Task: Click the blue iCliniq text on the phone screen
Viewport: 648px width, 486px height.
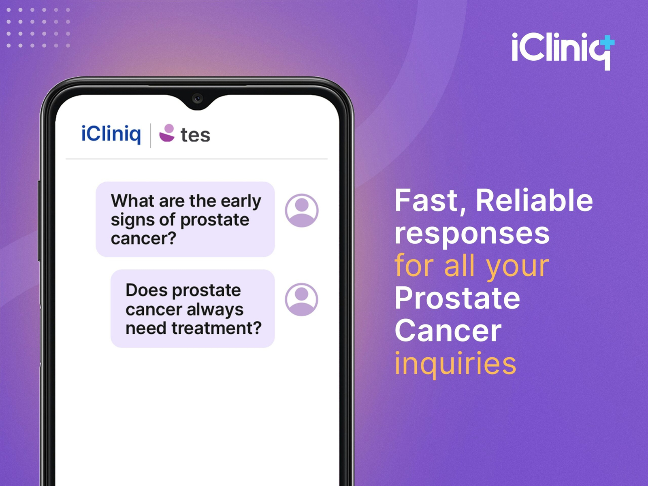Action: point(111,134)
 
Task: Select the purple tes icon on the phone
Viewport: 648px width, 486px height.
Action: point(167,133)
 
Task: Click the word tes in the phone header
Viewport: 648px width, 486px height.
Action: point(195,135)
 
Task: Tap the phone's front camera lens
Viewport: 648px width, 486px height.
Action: point(197,98)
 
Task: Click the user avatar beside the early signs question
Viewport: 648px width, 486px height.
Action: point(301,210)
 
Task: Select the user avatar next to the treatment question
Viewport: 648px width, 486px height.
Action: point(301,300)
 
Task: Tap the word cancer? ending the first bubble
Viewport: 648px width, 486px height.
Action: point(143,239)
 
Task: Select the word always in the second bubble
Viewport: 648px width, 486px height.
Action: point(215,310)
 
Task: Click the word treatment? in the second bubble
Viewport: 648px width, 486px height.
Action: point(216,328)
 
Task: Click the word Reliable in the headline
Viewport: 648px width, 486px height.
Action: point(534,200)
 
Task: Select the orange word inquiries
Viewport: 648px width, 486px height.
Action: point(456,364)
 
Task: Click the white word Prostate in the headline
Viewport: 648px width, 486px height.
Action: point(457,298)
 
